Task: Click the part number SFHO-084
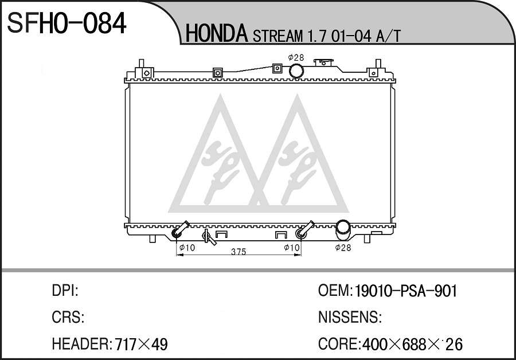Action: (67, 24)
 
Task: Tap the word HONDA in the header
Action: (217, 34)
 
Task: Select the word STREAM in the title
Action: (277, 36)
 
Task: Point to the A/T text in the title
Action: (388, 36)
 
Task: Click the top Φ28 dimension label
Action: (296, 57)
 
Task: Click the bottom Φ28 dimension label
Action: (343, 248)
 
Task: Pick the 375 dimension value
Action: (239, 252)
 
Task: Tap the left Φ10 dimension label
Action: (187, 247)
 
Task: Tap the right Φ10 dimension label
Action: (292, 247)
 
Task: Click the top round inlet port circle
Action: (296, 71)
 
